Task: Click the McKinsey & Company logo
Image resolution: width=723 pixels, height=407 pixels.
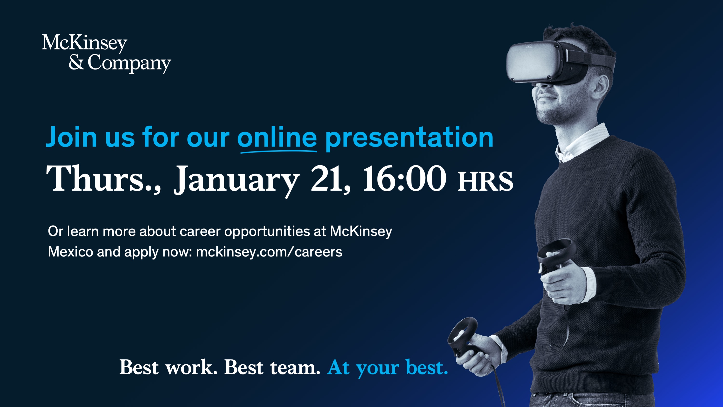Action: pos(107,54)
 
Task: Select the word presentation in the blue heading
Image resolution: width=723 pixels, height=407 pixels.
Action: pos(409,138)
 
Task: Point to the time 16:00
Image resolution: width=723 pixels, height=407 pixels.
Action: pos(405,179)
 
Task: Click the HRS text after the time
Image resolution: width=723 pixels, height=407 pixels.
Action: pos(485,181)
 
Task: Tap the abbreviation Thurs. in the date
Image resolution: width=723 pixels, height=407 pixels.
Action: pos(103,179)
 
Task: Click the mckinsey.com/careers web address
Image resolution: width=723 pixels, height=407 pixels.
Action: pos(269,252)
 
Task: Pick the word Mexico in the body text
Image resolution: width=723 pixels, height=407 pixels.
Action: pos(70,252)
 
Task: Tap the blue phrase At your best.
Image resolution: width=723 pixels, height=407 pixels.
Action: pos(387,368)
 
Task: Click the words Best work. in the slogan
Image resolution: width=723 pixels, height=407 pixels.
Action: pos(169,367)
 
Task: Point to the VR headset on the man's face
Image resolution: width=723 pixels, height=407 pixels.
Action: pos(559,62)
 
